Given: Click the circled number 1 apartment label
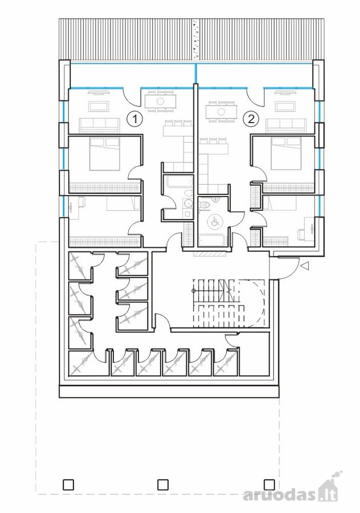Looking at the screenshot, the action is (134, 119).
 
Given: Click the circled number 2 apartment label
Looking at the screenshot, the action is (251, 119).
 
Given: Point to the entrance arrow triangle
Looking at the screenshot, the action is (305, 267).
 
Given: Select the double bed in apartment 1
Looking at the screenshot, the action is (105, 154).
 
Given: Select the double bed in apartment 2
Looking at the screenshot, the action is (286, 154).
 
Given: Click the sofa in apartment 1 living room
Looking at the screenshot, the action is (100, 125).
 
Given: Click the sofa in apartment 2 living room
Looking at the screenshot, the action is (287, 125).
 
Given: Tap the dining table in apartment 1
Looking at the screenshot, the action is (160, 101).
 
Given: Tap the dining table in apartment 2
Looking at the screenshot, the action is (221, 112).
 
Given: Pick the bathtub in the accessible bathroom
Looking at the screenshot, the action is (212, 240).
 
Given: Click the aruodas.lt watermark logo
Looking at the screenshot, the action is (291, 491).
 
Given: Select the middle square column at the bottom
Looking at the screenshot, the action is (163, 484).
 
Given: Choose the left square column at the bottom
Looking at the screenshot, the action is (68, 484).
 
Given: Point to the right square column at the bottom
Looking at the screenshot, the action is (269, 484).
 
